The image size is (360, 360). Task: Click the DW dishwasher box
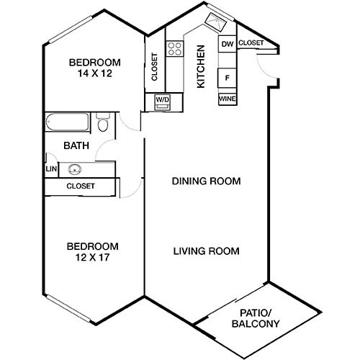(227, 45)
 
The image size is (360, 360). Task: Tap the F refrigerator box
(227, 77)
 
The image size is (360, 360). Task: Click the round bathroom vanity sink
(74, 171)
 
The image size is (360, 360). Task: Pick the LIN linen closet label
(50, 169)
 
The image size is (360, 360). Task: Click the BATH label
(76, 145)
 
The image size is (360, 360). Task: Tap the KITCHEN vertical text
(201, 66)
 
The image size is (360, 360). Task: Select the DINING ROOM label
(206, 181)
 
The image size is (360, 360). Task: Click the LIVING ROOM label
(206, 251)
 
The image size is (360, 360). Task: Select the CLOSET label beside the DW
(250, 44)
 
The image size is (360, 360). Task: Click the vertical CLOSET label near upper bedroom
(155, 67)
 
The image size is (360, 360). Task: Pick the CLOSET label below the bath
(80, 186)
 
